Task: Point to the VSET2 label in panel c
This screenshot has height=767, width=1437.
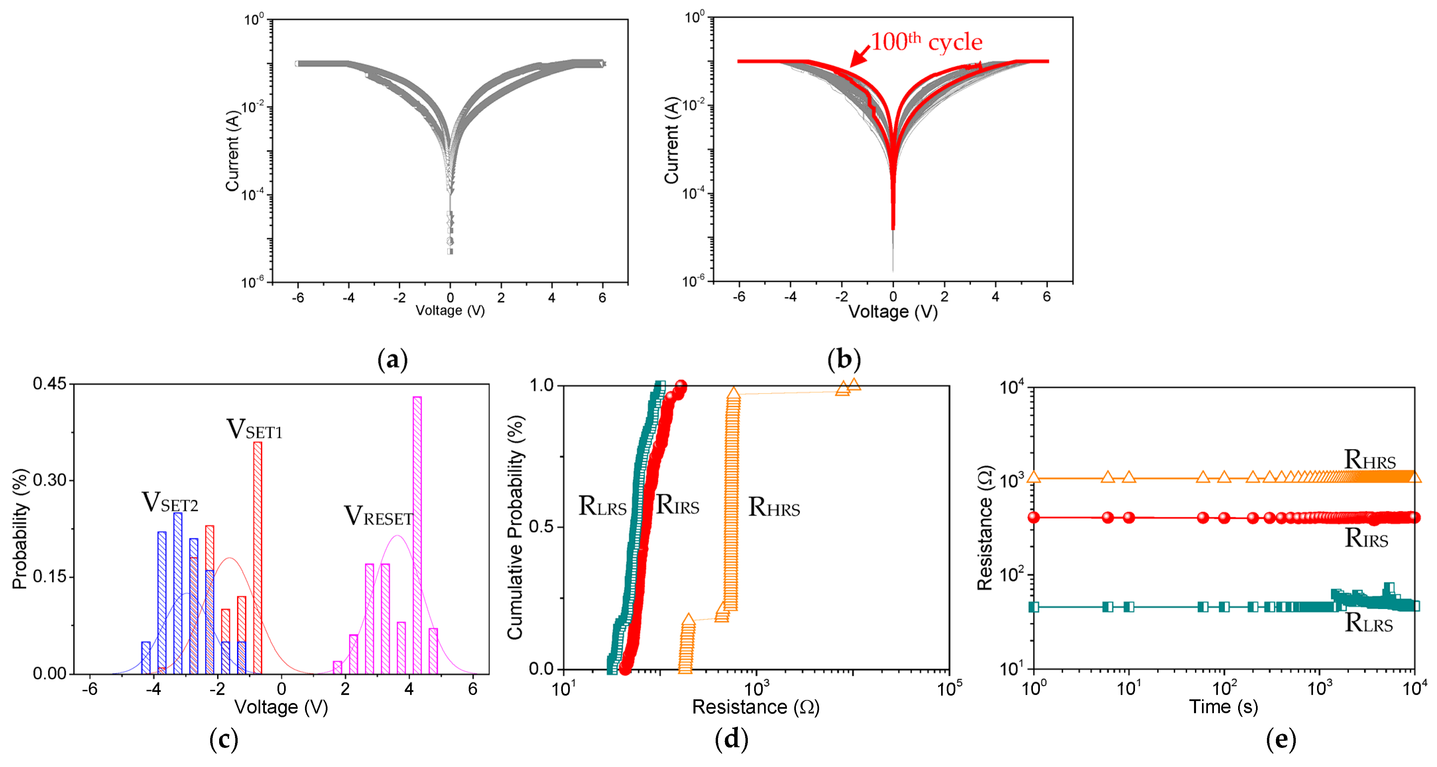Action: [170, 502]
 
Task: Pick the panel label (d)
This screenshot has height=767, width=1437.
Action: [731, 739]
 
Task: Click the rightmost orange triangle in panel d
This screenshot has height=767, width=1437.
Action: [854, 384]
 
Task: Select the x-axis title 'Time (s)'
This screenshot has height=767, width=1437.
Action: [1223, 707]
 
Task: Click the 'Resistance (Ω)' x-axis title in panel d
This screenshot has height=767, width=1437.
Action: [755, 707]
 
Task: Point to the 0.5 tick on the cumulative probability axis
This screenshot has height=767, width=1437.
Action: [541, 527]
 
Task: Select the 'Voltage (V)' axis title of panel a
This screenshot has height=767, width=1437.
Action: [449, 311]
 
